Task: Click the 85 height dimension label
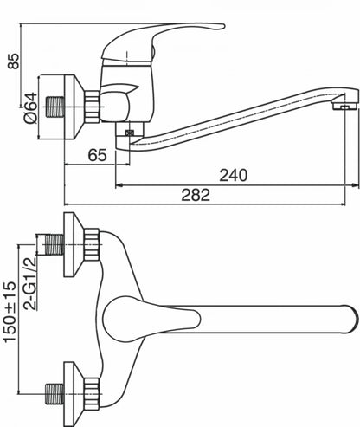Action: point(14,61)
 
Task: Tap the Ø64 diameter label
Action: point(31,108)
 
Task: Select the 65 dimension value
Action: point(97,155)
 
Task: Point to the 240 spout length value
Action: point(234,175)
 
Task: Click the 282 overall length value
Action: point(196,195)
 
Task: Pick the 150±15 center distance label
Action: point(10,312)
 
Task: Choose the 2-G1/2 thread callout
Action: point(30,283)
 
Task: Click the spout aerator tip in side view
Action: point(344,106)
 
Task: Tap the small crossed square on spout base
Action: point(130,133)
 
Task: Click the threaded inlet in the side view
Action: point(55,107)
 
